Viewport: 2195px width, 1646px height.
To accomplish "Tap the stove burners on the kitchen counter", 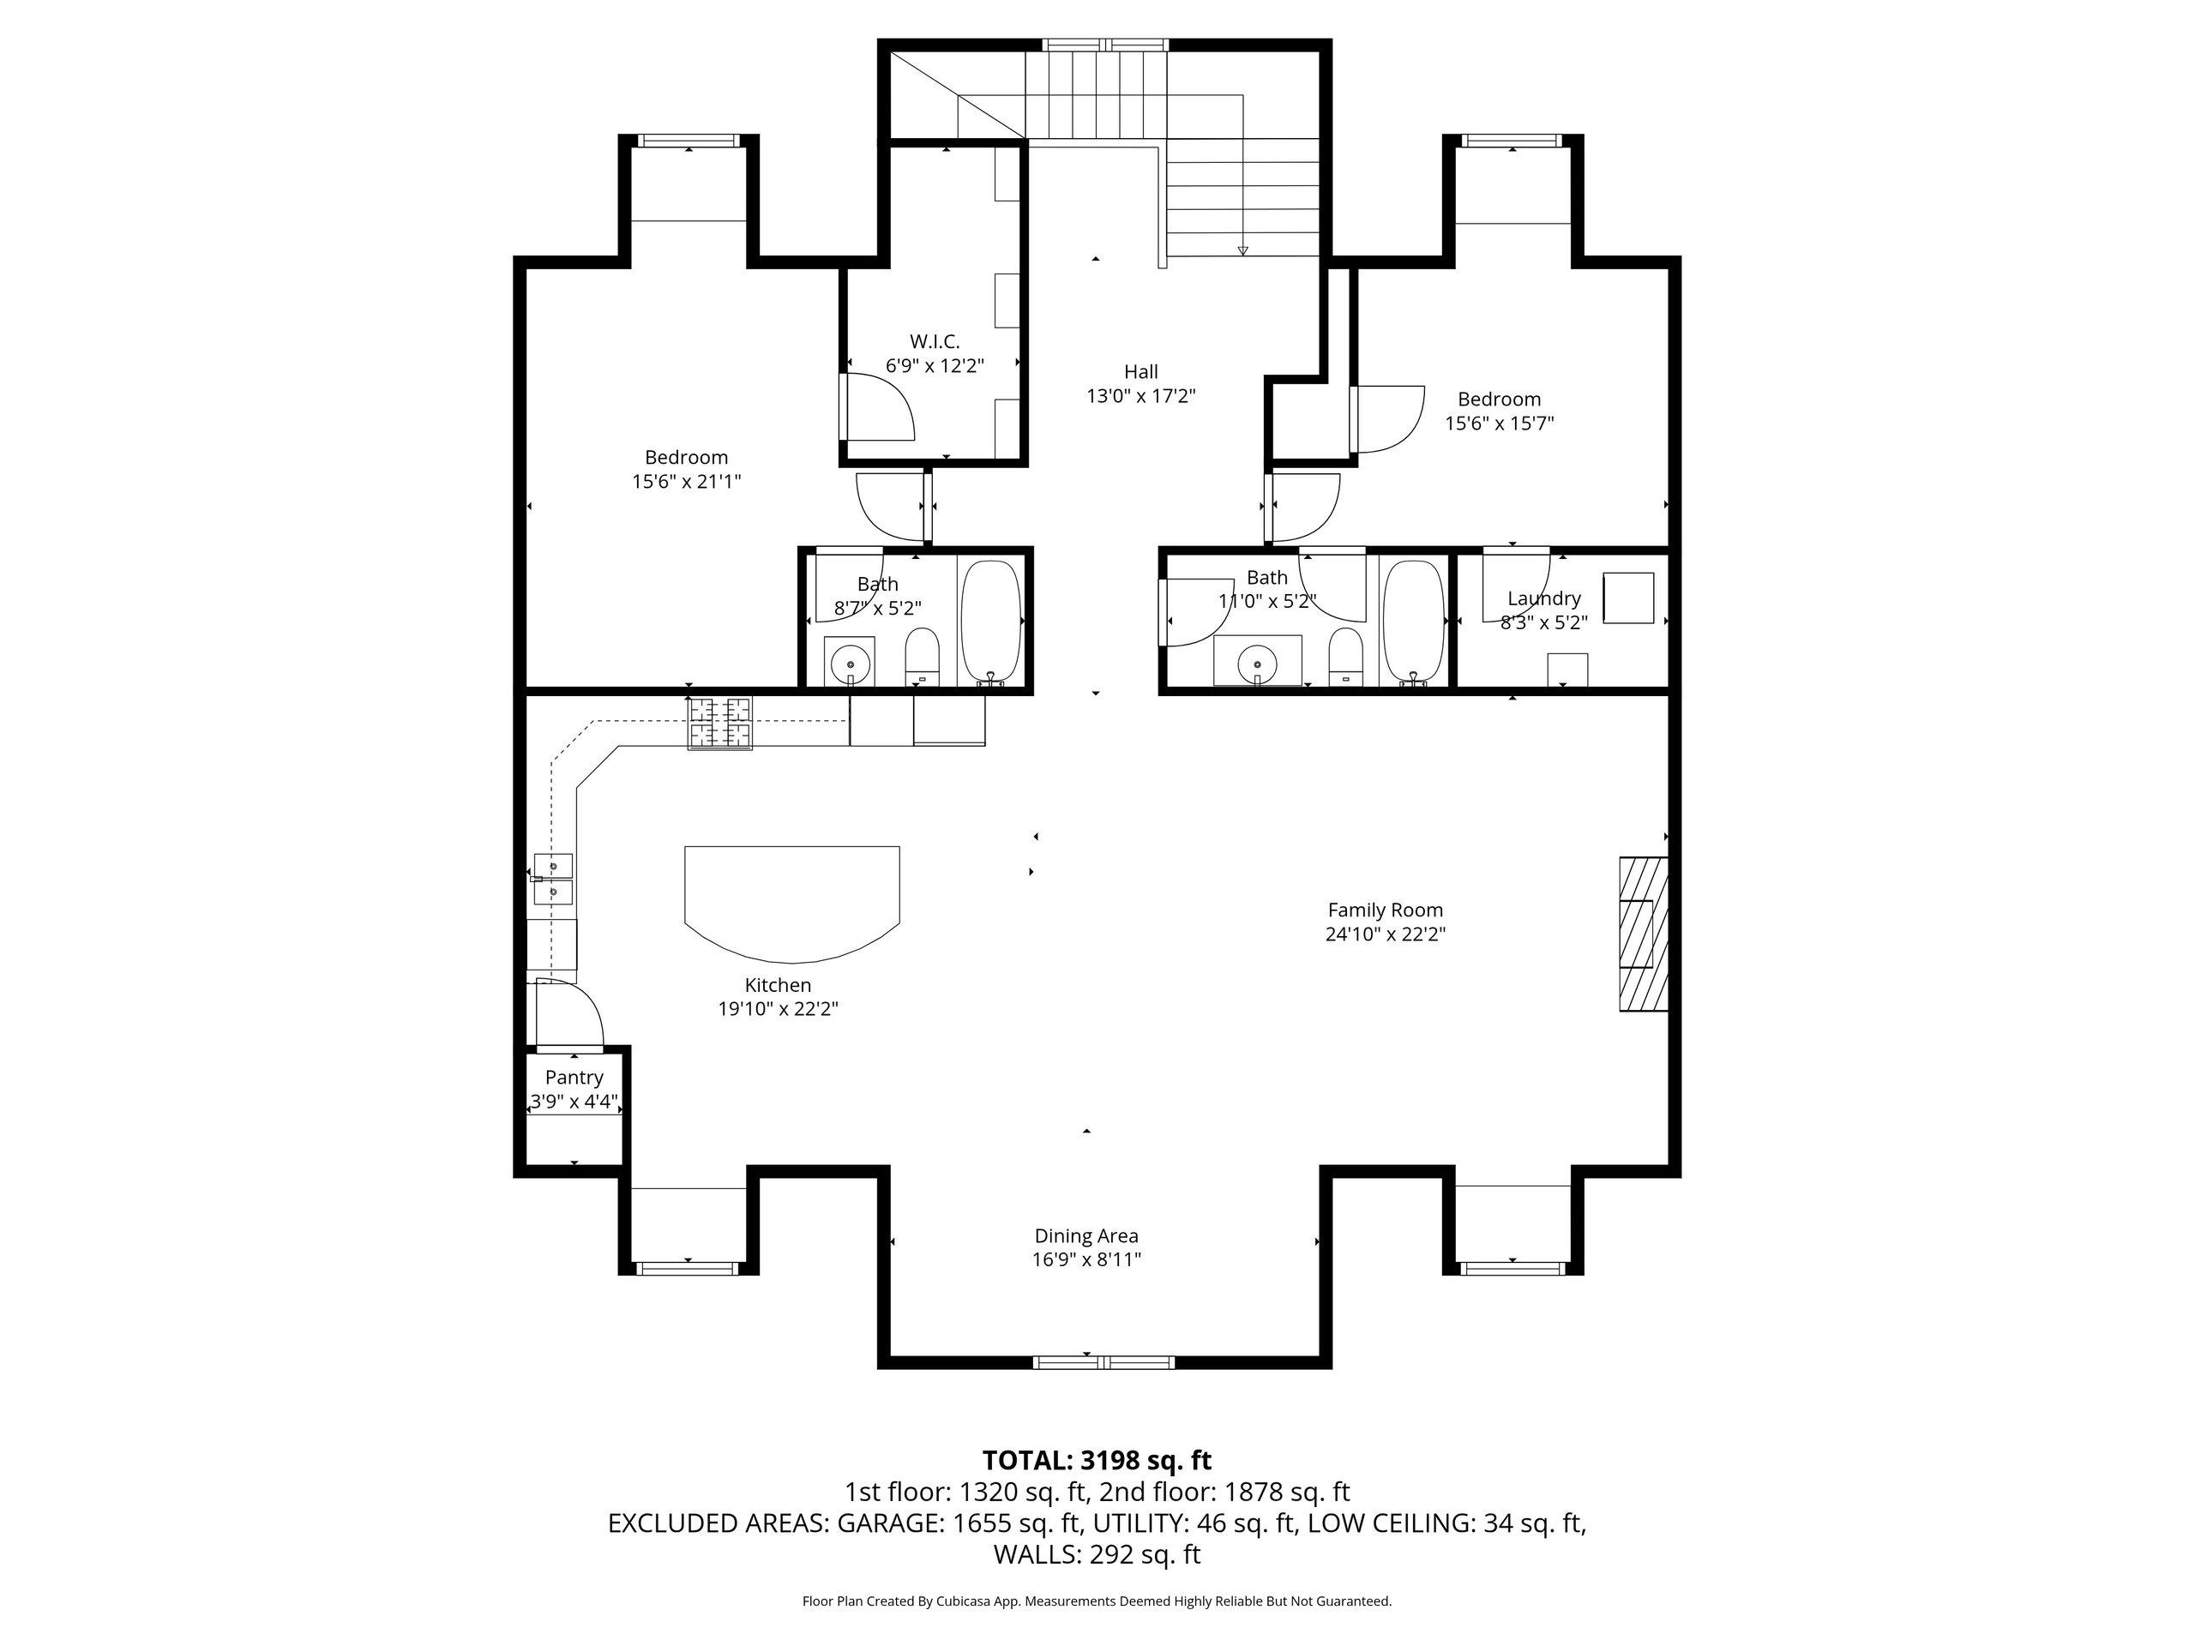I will (720, 724).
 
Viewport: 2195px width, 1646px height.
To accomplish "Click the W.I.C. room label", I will (934, 342).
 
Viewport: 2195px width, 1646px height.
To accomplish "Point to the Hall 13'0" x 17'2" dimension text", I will (1140, 396).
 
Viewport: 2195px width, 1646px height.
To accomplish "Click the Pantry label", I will (574, 1078).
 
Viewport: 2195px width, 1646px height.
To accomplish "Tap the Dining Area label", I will (1085, 1235).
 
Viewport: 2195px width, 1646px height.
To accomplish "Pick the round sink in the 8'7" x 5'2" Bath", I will (851, 662).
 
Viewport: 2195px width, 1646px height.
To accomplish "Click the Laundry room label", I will (1543, 598).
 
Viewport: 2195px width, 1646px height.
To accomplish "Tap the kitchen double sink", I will (553, 879).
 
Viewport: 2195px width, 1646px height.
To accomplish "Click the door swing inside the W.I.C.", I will (878, 407).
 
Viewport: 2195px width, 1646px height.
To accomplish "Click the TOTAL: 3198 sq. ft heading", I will (1097, 1461).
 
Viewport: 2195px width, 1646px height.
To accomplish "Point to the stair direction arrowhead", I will (1242, 251).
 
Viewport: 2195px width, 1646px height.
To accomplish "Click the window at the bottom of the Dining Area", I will (1103, 1362).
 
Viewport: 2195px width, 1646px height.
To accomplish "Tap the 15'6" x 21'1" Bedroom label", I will (686, 458).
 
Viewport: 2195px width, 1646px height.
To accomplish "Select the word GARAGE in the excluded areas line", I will (889, 1523).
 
